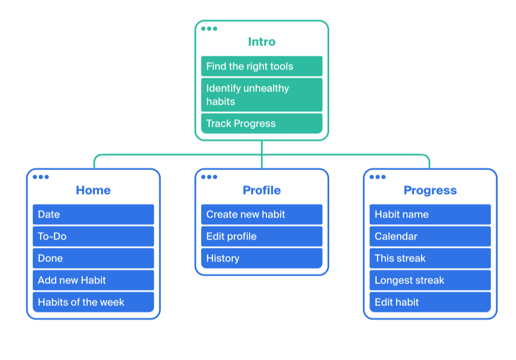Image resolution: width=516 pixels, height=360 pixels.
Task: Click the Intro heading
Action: (262, 42)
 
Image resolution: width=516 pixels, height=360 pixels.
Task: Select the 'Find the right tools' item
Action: (262, 66)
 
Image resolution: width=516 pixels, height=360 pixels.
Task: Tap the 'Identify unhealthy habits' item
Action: (262, 95)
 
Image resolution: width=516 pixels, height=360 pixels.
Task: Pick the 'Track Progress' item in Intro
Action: (262, 124)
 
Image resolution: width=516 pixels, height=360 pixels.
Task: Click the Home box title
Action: (93, 190)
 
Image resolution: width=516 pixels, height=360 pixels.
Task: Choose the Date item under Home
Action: (93, 214)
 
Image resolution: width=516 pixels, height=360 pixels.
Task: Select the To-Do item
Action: (93, 236)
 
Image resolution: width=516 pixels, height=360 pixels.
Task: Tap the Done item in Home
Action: (93, 258)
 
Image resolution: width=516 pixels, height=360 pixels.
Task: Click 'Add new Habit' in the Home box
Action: (93, 280)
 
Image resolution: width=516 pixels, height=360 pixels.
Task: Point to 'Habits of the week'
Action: (93, 302)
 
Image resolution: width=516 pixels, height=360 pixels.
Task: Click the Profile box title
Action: (262, 190)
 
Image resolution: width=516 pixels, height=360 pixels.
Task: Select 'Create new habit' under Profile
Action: (262, 214)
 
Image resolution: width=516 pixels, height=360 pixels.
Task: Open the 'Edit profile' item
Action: (262, 236)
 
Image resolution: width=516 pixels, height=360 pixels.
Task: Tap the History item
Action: (262, 258)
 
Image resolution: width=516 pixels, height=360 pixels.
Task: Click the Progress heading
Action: (430, 190)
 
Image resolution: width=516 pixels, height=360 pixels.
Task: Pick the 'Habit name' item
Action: (430, 214)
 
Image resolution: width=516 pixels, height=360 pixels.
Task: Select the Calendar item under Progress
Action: (430, 236)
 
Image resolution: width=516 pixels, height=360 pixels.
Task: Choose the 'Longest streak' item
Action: (430, 280)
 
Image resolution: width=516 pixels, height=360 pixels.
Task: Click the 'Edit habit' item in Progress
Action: (430, 302)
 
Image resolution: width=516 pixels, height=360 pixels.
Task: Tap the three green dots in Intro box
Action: (209, 29)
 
